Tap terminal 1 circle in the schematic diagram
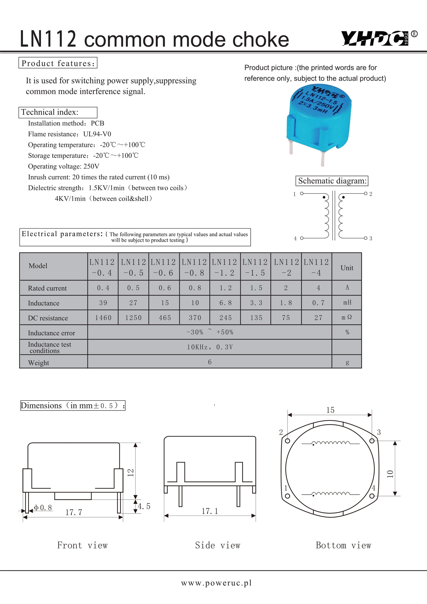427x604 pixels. coord(302,193)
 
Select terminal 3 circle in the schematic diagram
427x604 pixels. coord(366,238)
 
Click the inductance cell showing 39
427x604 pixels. coord(103,303)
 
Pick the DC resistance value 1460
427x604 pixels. coord(103,318)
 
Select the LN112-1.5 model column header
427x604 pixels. coord(255,267)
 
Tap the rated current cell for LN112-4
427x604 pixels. coord(318,288)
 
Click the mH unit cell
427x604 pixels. coord(347,303)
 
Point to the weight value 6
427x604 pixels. coord(210,362)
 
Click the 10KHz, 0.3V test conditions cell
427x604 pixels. coord(210,347)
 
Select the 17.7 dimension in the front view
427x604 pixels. coord(73,512)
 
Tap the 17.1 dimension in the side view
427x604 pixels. coord(210,511)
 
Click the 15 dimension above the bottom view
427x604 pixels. coord(330,410)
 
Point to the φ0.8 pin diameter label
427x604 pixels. coord(43,508)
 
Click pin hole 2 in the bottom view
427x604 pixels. coord(288,441)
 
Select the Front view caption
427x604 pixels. coord(82,545)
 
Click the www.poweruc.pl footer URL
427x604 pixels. coord(216,583)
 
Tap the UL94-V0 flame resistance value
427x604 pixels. coord(97,134)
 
